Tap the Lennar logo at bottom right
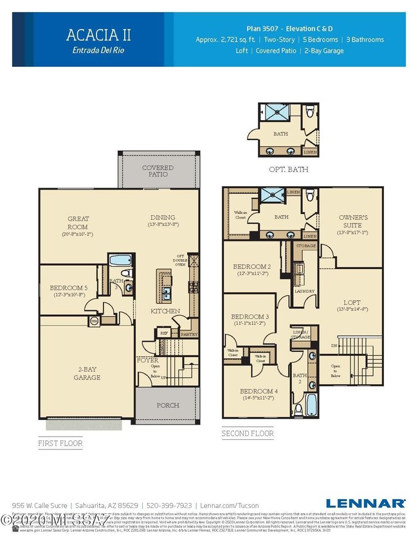click(365, 503)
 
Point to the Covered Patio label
click(158, 171)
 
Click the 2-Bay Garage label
click(87, 373)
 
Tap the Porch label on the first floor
click(168, 405)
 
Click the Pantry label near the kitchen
click(188, 334)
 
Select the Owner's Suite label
click(353, 222)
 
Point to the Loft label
click(352, 303)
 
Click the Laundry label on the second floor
click(304, 290)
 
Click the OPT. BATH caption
click(288, 170)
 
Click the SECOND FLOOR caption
click(248, 434)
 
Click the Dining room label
click(163, 218)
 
